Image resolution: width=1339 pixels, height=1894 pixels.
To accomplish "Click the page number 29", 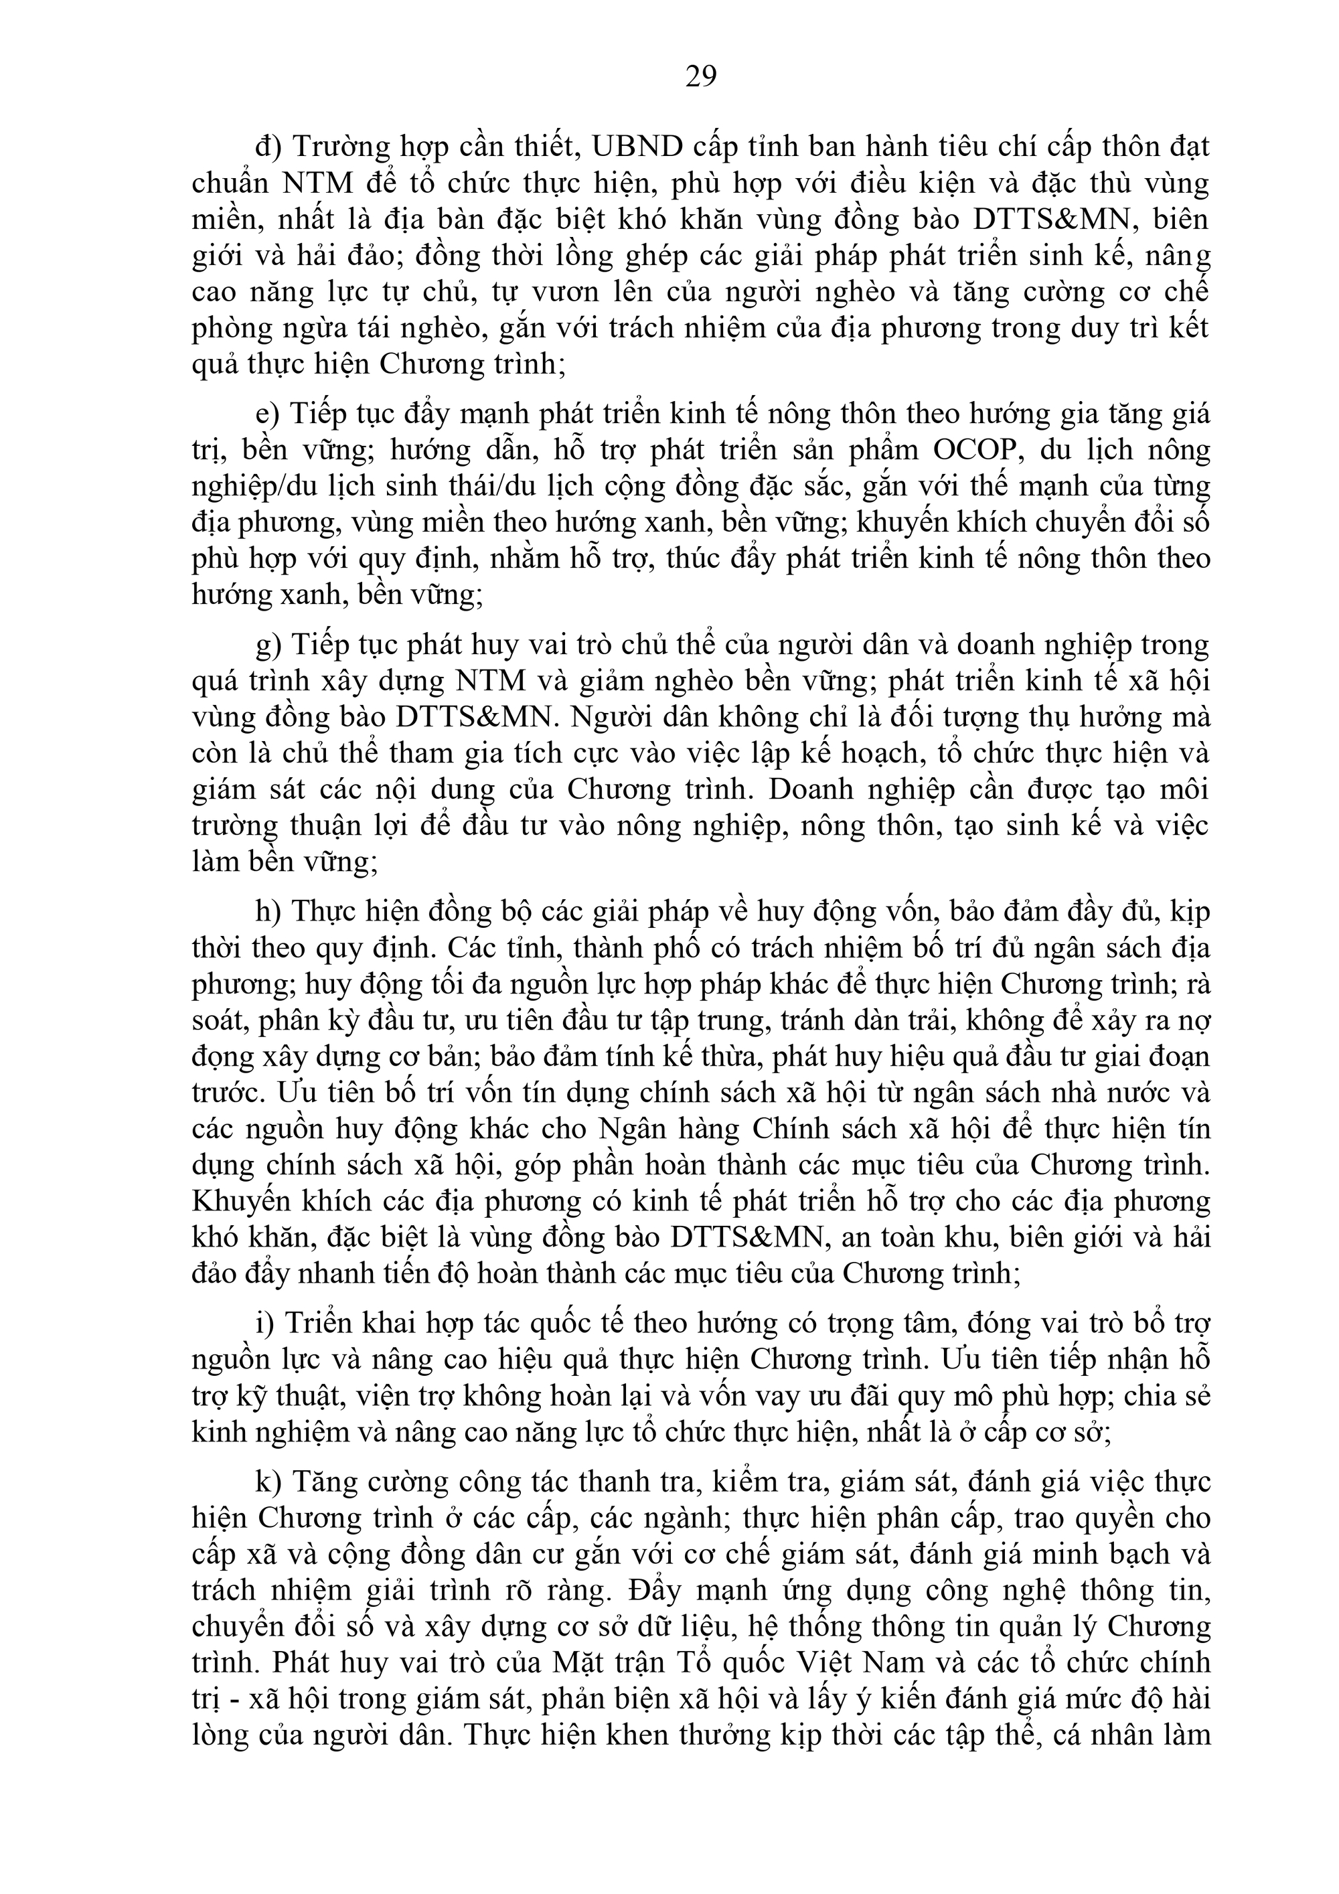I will pos(700,77).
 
